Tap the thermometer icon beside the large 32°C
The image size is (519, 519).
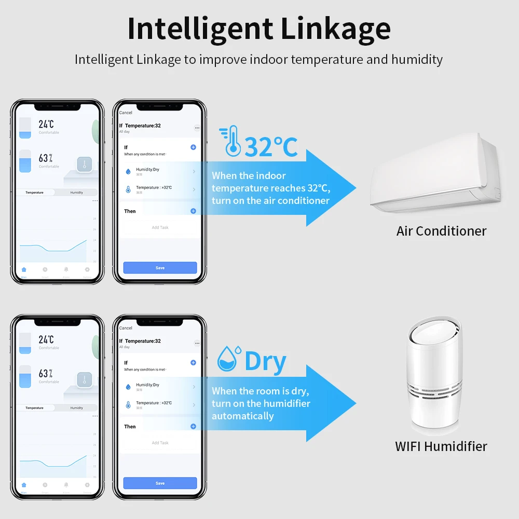[230, 142]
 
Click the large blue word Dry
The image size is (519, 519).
[265, 361]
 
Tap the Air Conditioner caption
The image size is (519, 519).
[441, 231]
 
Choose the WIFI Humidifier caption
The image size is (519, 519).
[441, 446]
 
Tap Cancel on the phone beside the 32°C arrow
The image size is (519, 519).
[126, 113]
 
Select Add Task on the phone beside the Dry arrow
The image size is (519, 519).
[160, 443]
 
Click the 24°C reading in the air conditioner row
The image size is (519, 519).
[46, 124]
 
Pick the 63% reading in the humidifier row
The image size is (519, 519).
[46, 374]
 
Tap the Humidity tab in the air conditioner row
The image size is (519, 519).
[77, 193]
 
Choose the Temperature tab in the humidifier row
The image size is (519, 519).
[35, 408]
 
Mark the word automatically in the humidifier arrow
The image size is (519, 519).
[242, 416]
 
